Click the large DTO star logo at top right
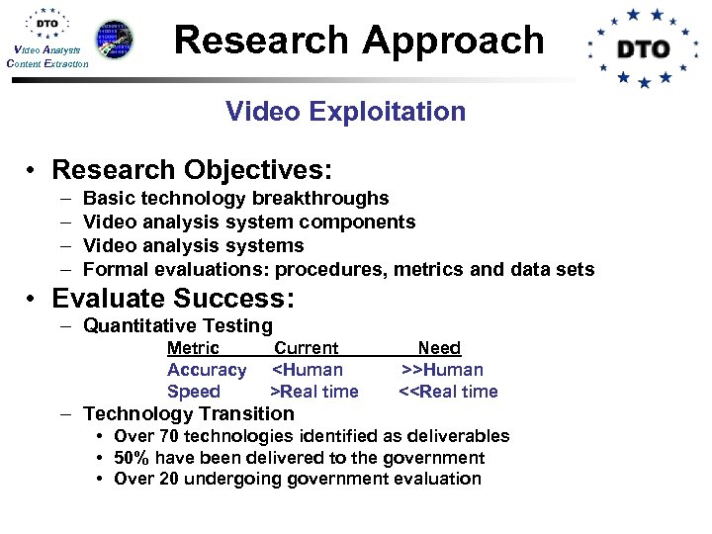[644, 47]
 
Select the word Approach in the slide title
[454, 40]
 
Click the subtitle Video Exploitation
[345, 111]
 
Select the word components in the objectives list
[360, 222]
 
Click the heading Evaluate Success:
[173, 298]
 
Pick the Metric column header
[193, 348]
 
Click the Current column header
[306, 348]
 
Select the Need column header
[439, 348]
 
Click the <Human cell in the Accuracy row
[308, 370]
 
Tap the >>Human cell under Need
[442, 370]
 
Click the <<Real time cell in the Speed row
[448, 392]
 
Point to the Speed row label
[194, 392]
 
